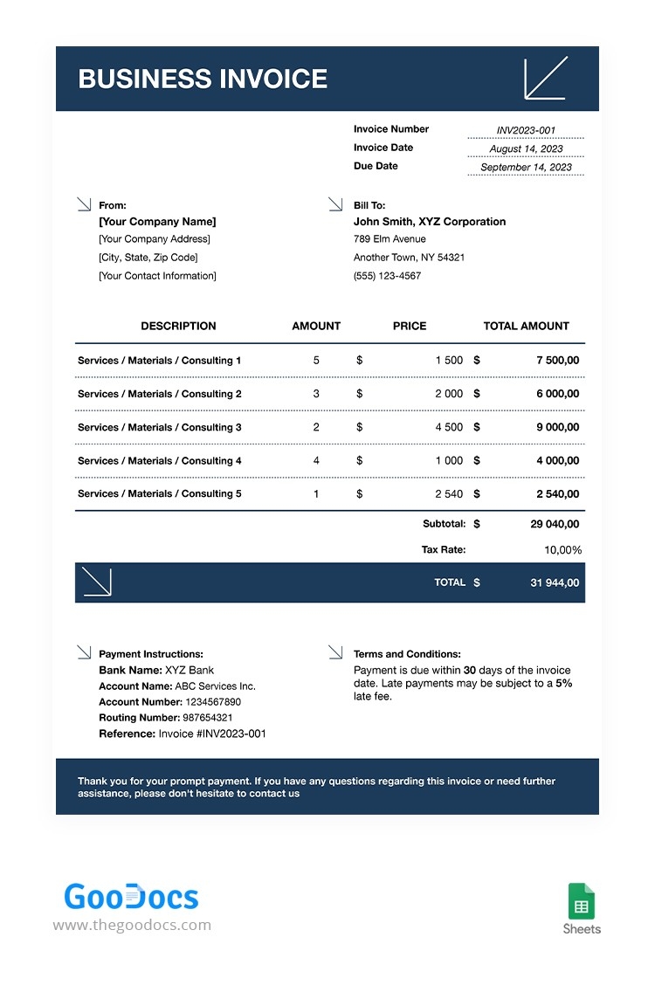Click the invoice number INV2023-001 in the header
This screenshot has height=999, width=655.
(526, 130)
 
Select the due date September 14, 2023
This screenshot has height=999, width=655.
(526, 167)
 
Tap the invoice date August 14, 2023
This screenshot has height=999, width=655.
(526, 148)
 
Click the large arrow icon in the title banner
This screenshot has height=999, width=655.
(546, 78)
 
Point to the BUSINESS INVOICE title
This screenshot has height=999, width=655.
(203, 79)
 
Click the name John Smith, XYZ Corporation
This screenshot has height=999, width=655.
(429, 222)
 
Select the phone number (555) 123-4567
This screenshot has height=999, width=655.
(387, 276)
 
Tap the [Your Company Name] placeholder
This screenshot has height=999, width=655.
(157, 222)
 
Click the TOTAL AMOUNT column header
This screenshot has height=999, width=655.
(526, 326)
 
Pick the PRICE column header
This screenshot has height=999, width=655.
(410, 326)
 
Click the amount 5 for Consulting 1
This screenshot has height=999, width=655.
(316, 361)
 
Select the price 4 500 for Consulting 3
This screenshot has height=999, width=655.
(449, 427)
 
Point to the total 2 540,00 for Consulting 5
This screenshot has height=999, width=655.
(557, 494)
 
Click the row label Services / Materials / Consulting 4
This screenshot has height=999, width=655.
(160, 461)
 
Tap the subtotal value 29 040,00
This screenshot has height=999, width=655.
(555, 525)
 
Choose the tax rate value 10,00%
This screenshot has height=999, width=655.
(562, 550)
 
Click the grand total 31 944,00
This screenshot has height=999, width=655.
(555, 582)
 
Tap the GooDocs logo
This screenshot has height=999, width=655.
(132, 897)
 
